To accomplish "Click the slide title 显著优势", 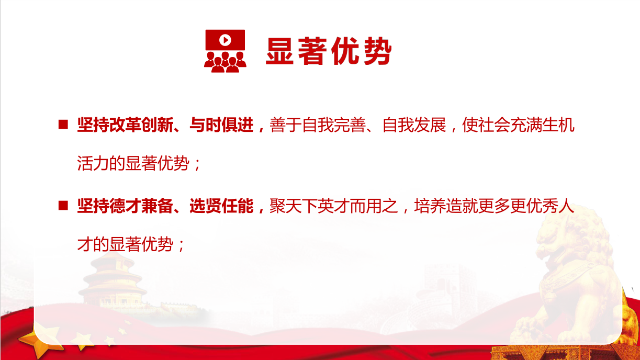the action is click(x=329, y=51).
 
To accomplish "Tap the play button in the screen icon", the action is click(x=225, y=40).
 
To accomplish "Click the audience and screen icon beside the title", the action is click(x=225, y=51).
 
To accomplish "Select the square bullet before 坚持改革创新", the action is click(x=63, y=125).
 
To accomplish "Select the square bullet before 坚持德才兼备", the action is click(x=63, y=206).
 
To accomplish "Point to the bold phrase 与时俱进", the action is click(x=221, y=125).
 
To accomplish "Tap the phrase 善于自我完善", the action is click(x=318, y=125).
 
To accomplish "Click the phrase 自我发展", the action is click(x=414, y=125).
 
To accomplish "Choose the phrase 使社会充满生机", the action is click(x=518, y=125).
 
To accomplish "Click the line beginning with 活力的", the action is click(x=139, y=164).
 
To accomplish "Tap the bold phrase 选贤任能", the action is click(x=221, y=206).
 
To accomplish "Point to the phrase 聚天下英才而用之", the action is click(x=334, y=206).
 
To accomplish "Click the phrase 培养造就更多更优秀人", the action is click(x=495, y=206).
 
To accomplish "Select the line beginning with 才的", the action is click(x=131, y=244).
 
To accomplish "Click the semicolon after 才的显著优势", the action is click(x=181, y=246).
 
